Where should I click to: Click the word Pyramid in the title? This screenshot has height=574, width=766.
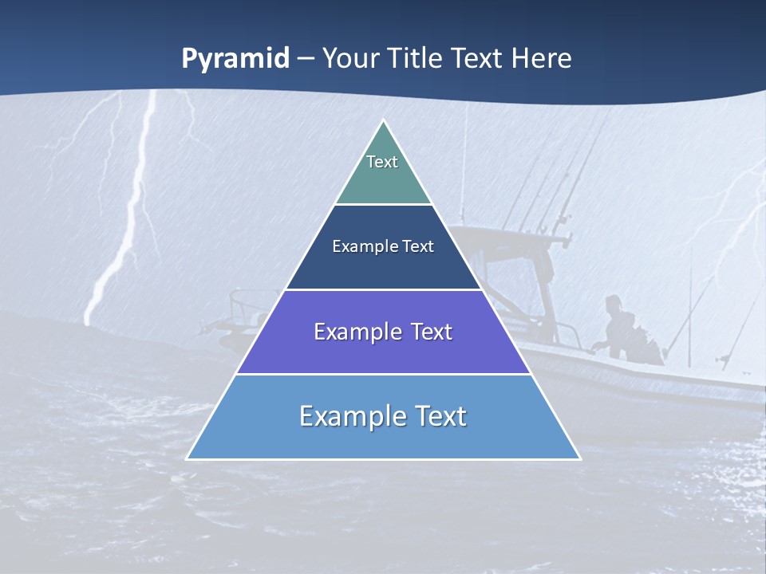(x=235, y=59)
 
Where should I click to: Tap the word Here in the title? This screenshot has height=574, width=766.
(x=542, y=58)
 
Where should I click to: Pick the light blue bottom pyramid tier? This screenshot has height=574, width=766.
(x=383, y=438)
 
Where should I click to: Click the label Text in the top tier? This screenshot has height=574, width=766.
(x=382, y=162)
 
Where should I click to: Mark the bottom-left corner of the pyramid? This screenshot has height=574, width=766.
(x=188, y=458)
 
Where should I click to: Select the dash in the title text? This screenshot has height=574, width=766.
(x=305, y=59)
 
